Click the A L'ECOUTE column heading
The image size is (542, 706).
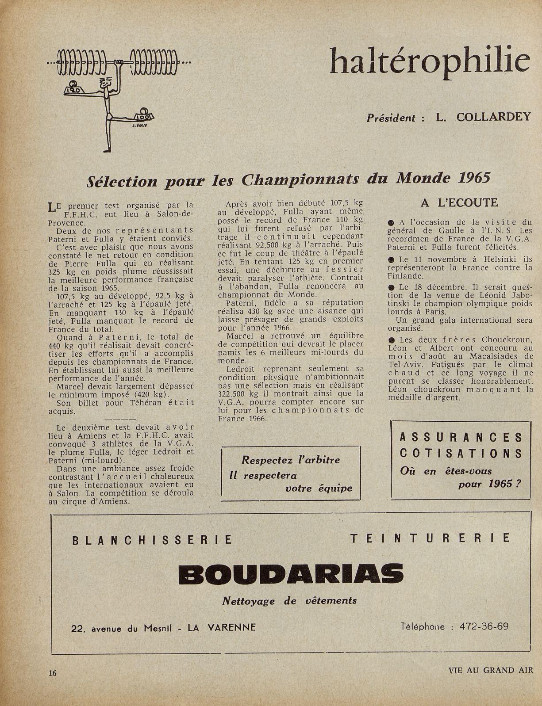point(459,203)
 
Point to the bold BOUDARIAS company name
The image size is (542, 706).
point(291,573)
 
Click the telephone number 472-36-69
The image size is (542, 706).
point(484,626)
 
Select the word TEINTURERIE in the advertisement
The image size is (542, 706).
point(430,538)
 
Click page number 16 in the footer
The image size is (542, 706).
point(53,673)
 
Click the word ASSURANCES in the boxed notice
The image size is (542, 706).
point(461,438)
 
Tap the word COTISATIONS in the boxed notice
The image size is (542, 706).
point(461,454)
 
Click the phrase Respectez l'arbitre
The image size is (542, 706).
point(291,460)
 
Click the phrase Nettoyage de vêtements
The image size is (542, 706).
point(289,601)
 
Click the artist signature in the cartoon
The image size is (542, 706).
point(138,126)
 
